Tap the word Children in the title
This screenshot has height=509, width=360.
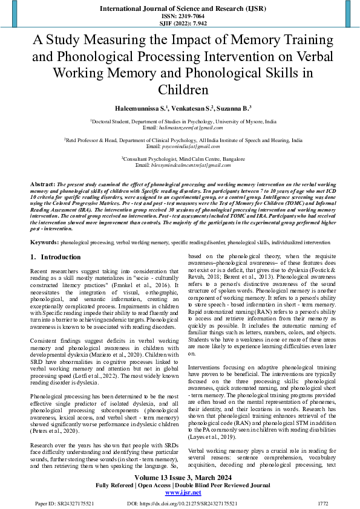pos(180,89)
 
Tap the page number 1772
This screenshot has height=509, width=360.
pos(323,502)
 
